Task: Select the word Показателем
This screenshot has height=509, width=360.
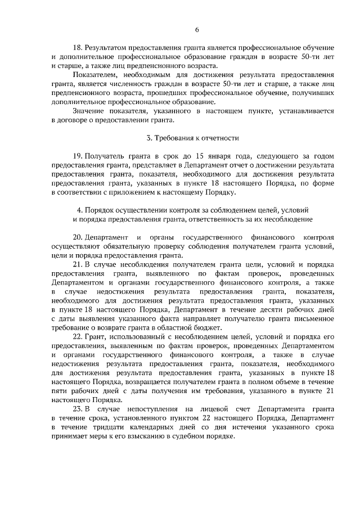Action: click(93, 74)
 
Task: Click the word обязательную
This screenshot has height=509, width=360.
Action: click(135, 246)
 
